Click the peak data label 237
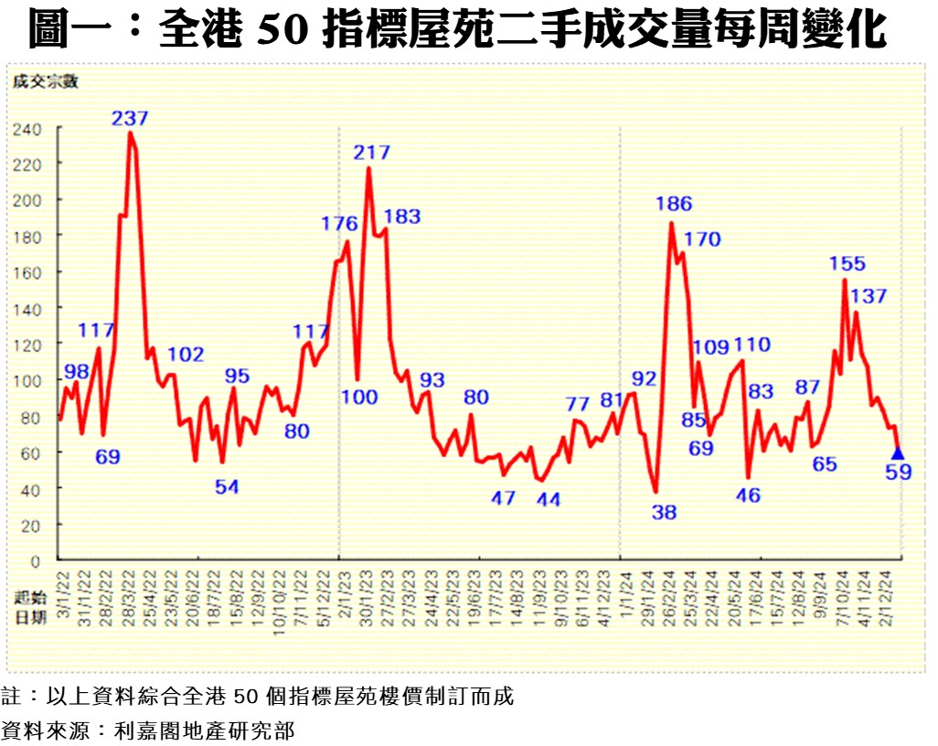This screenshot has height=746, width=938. [130, 118]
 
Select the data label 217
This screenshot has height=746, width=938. [372, 153]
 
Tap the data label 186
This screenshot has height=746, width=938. [674, 204]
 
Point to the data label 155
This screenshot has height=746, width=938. [847, 263]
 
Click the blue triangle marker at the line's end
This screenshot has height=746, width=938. [898, 453]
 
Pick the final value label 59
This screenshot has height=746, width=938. [900, 473]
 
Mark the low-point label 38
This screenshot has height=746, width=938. [664, 512]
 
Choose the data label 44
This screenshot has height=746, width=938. [549, 499]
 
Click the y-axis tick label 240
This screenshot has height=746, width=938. [27, 130]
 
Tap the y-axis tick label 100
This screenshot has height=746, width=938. [27, 380]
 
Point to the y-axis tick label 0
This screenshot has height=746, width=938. [37, 560]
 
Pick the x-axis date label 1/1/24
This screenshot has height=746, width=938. [622, 594]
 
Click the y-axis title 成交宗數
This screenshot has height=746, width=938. [46, 81]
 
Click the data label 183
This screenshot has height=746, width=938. [402, 217]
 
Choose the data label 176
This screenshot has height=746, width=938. [339, 223]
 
